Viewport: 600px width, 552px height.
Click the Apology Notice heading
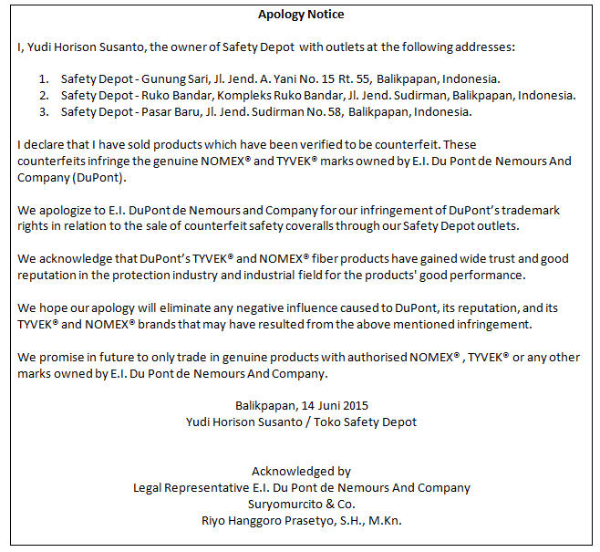(301, 14)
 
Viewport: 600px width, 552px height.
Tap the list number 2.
(44, 95)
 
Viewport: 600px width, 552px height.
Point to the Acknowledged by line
(301, 472)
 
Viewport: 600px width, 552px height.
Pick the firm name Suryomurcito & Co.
(301, 505)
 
